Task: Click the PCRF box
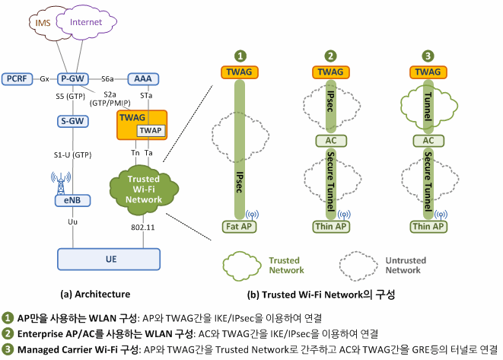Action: click(x=17, y=79)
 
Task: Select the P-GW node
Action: click(x=73, y=79)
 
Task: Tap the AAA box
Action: click(x=143, y=79)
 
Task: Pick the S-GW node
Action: click(x=73, y=121)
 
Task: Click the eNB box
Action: click(x=72, y=200)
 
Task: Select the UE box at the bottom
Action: click(x=109, y=260)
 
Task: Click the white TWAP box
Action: click(x=151, y=131)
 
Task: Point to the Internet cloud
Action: click(x=86, y=22)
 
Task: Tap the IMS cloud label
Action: click(x=43, y=23)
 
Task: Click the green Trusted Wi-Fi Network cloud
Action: click(x=143, y=190)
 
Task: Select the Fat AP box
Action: click(x=239, y=227)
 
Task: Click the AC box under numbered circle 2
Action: click(x=331, y=141)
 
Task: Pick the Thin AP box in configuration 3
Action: click(x=428, y=227)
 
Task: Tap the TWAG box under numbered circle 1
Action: click(x=240, y=72)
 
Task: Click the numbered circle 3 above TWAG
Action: click(x=428, y=56)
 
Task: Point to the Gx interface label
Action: click(x=45, y=79)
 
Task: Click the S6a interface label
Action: click(x=107, y=79)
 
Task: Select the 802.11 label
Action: click(x=143, y=228)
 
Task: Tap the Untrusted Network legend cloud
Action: click(x=358, y=266)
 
